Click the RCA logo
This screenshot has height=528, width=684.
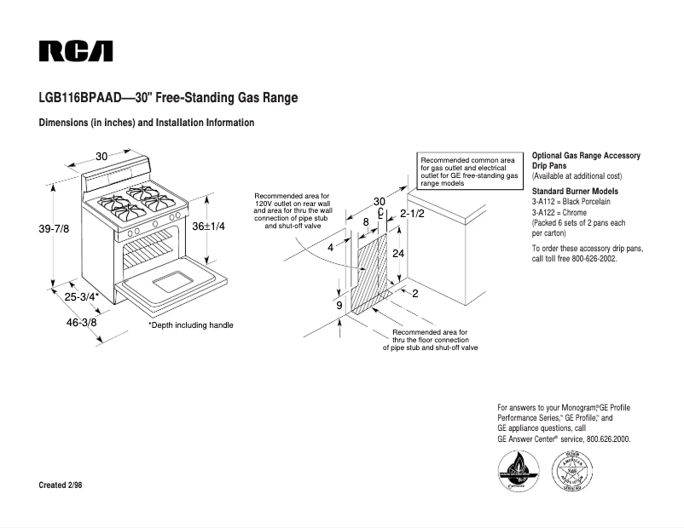click(76, 52)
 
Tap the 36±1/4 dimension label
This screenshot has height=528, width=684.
click(208, 227)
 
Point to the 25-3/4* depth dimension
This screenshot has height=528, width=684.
click(83, 296)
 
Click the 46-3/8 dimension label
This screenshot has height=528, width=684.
click(82, 324)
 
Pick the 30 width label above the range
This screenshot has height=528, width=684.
click(101, 156)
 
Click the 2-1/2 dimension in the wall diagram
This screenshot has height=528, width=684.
click(412, 214)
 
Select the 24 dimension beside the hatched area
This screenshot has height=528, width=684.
click(397, 255)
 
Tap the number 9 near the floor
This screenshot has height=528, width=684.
click(339, 305)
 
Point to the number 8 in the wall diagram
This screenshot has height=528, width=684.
click(366, 221)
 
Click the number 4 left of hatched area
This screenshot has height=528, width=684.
click(329, 248)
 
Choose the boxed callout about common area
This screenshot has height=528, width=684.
click(469, 171)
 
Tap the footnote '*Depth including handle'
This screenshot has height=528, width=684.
click(190, 325)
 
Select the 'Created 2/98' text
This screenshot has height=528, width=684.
click(61, 485)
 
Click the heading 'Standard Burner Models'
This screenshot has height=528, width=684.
click(575, 191)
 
